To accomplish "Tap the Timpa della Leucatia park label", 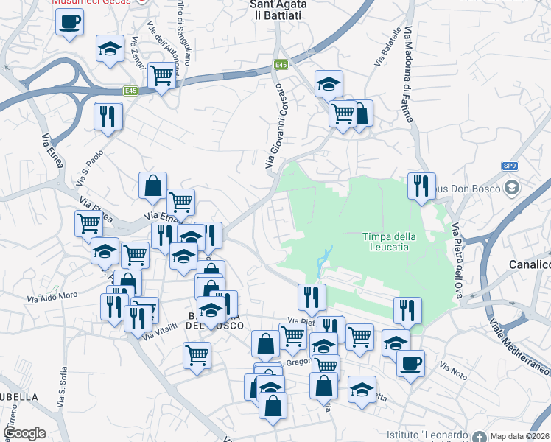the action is [390, 242].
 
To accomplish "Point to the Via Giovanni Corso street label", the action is [274, 125].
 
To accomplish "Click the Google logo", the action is [24, 433].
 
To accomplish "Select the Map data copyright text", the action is [520, 435].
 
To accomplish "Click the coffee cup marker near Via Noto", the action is [410, 362].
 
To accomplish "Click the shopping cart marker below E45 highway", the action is [161, 74].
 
